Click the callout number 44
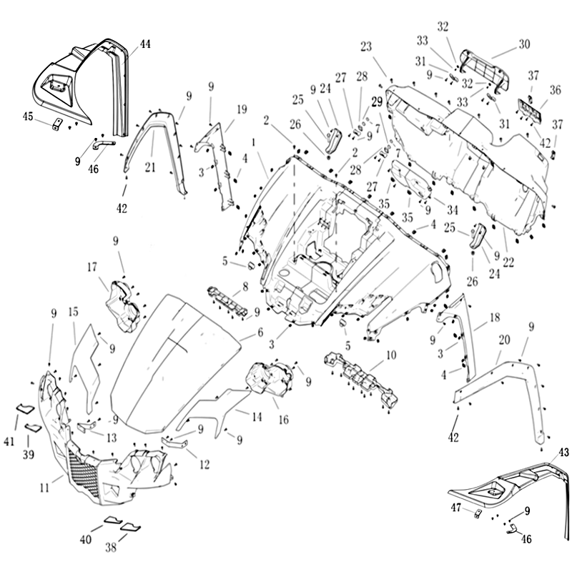145,44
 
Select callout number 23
367,46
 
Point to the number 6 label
260,333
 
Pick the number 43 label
565,453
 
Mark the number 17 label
92,267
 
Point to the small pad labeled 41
24,408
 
